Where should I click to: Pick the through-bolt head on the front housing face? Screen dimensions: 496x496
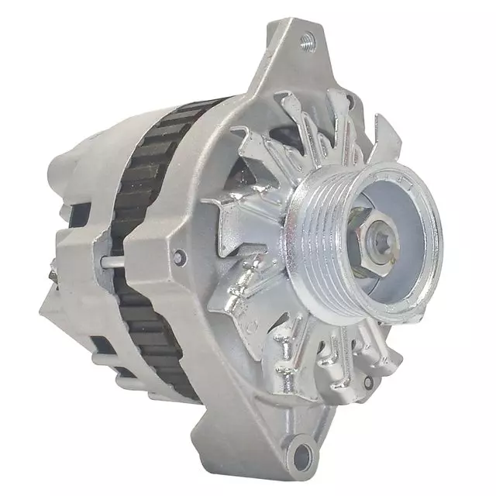pyautogui.click(x=180, y=257)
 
